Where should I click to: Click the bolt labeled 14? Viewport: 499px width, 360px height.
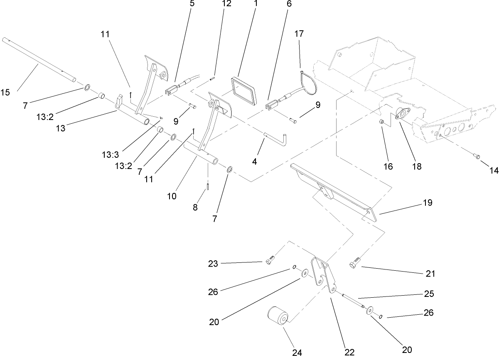[x=476, y=156]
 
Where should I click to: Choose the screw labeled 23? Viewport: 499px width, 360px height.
[x=269, y=261]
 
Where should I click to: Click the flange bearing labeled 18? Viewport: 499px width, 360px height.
[x=401, y=114]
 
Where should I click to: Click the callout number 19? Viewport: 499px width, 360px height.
[x=427, y=203]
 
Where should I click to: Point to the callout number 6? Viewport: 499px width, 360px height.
[x=289, y=4]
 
